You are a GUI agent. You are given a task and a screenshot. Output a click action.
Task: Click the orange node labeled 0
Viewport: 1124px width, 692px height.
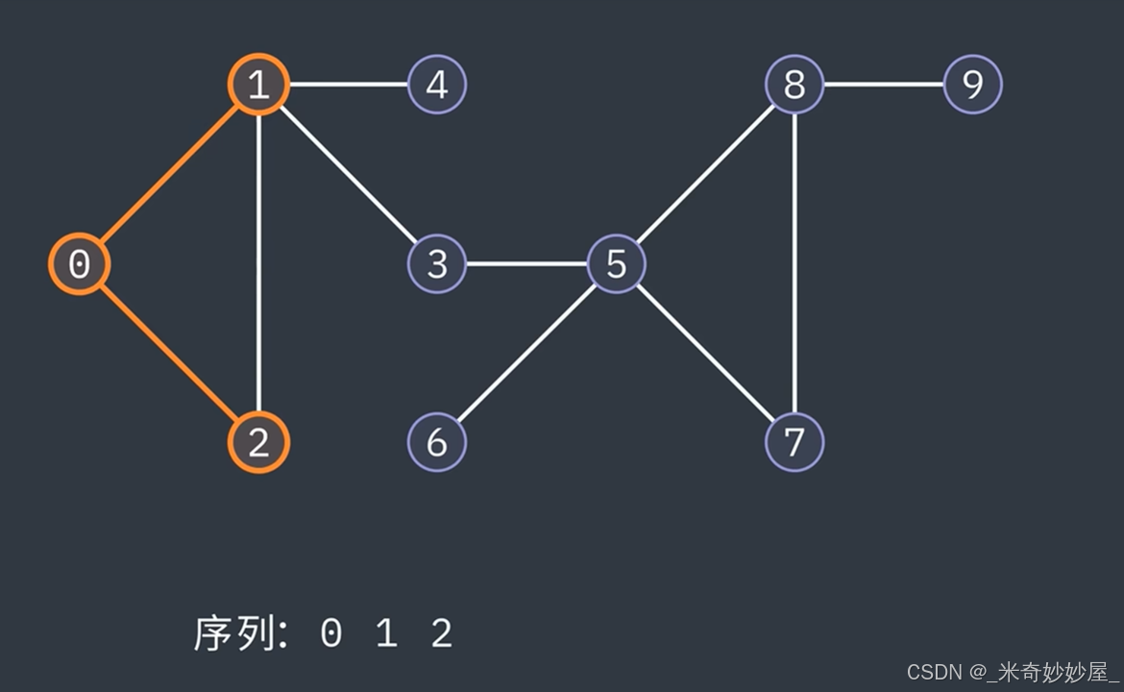point(80,264)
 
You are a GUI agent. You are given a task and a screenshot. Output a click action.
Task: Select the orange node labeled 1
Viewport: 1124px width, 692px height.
point(258,85)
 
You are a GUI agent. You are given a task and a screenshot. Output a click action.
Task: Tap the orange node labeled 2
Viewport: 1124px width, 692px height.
point(258,443)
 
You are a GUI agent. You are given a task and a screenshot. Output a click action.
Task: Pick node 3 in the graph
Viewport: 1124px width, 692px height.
point(437,264)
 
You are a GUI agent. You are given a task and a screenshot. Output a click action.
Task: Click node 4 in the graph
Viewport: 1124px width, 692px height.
point(437,85)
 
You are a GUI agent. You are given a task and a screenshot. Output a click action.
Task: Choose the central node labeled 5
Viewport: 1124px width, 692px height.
point(616,264)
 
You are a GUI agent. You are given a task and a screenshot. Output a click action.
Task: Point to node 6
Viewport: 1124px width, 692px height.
point(437,443)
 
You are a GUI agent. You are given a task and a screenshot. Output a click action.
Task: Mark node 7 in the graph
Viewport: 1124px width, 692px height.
point(794,443)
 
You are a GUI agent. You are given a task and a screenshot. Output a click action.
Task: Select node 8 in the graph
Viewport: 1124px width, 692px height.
point(794,85)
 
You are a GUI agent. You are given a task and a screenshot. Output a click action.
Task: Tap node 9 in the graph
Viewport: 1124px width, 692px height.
point(973,85)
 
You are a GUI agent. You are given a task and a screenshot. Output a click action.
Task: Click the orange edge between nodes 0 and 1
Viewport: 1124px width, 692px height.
point(169,175)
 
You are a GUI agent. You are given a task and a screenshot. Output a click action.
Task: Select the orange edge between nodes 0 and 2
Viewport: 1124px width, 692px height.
point(169,354)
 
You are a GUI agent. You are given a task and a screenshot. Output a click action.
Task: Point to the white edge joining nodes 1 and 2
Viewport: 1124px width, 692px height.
point(258,264)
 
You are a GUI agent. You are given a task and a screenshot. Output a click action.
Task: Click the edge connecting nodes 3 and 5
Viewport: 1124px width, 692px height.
point(526,264)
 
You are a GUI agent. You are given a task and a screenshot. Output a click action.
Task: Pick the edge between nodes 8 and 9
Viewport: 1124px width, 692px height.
point(884,85)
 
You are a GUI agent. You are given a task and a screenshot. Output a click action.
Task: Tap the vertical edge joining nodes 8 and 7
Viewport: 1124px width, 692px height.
point(794,264)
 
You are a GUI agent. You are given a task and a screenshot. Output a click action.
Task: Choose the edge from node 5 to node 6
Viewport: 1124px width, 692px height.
point(526,354)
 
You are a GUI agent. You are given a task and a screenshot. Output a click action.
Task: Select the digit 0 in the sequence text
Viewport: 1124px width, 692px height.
point(330,634)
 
